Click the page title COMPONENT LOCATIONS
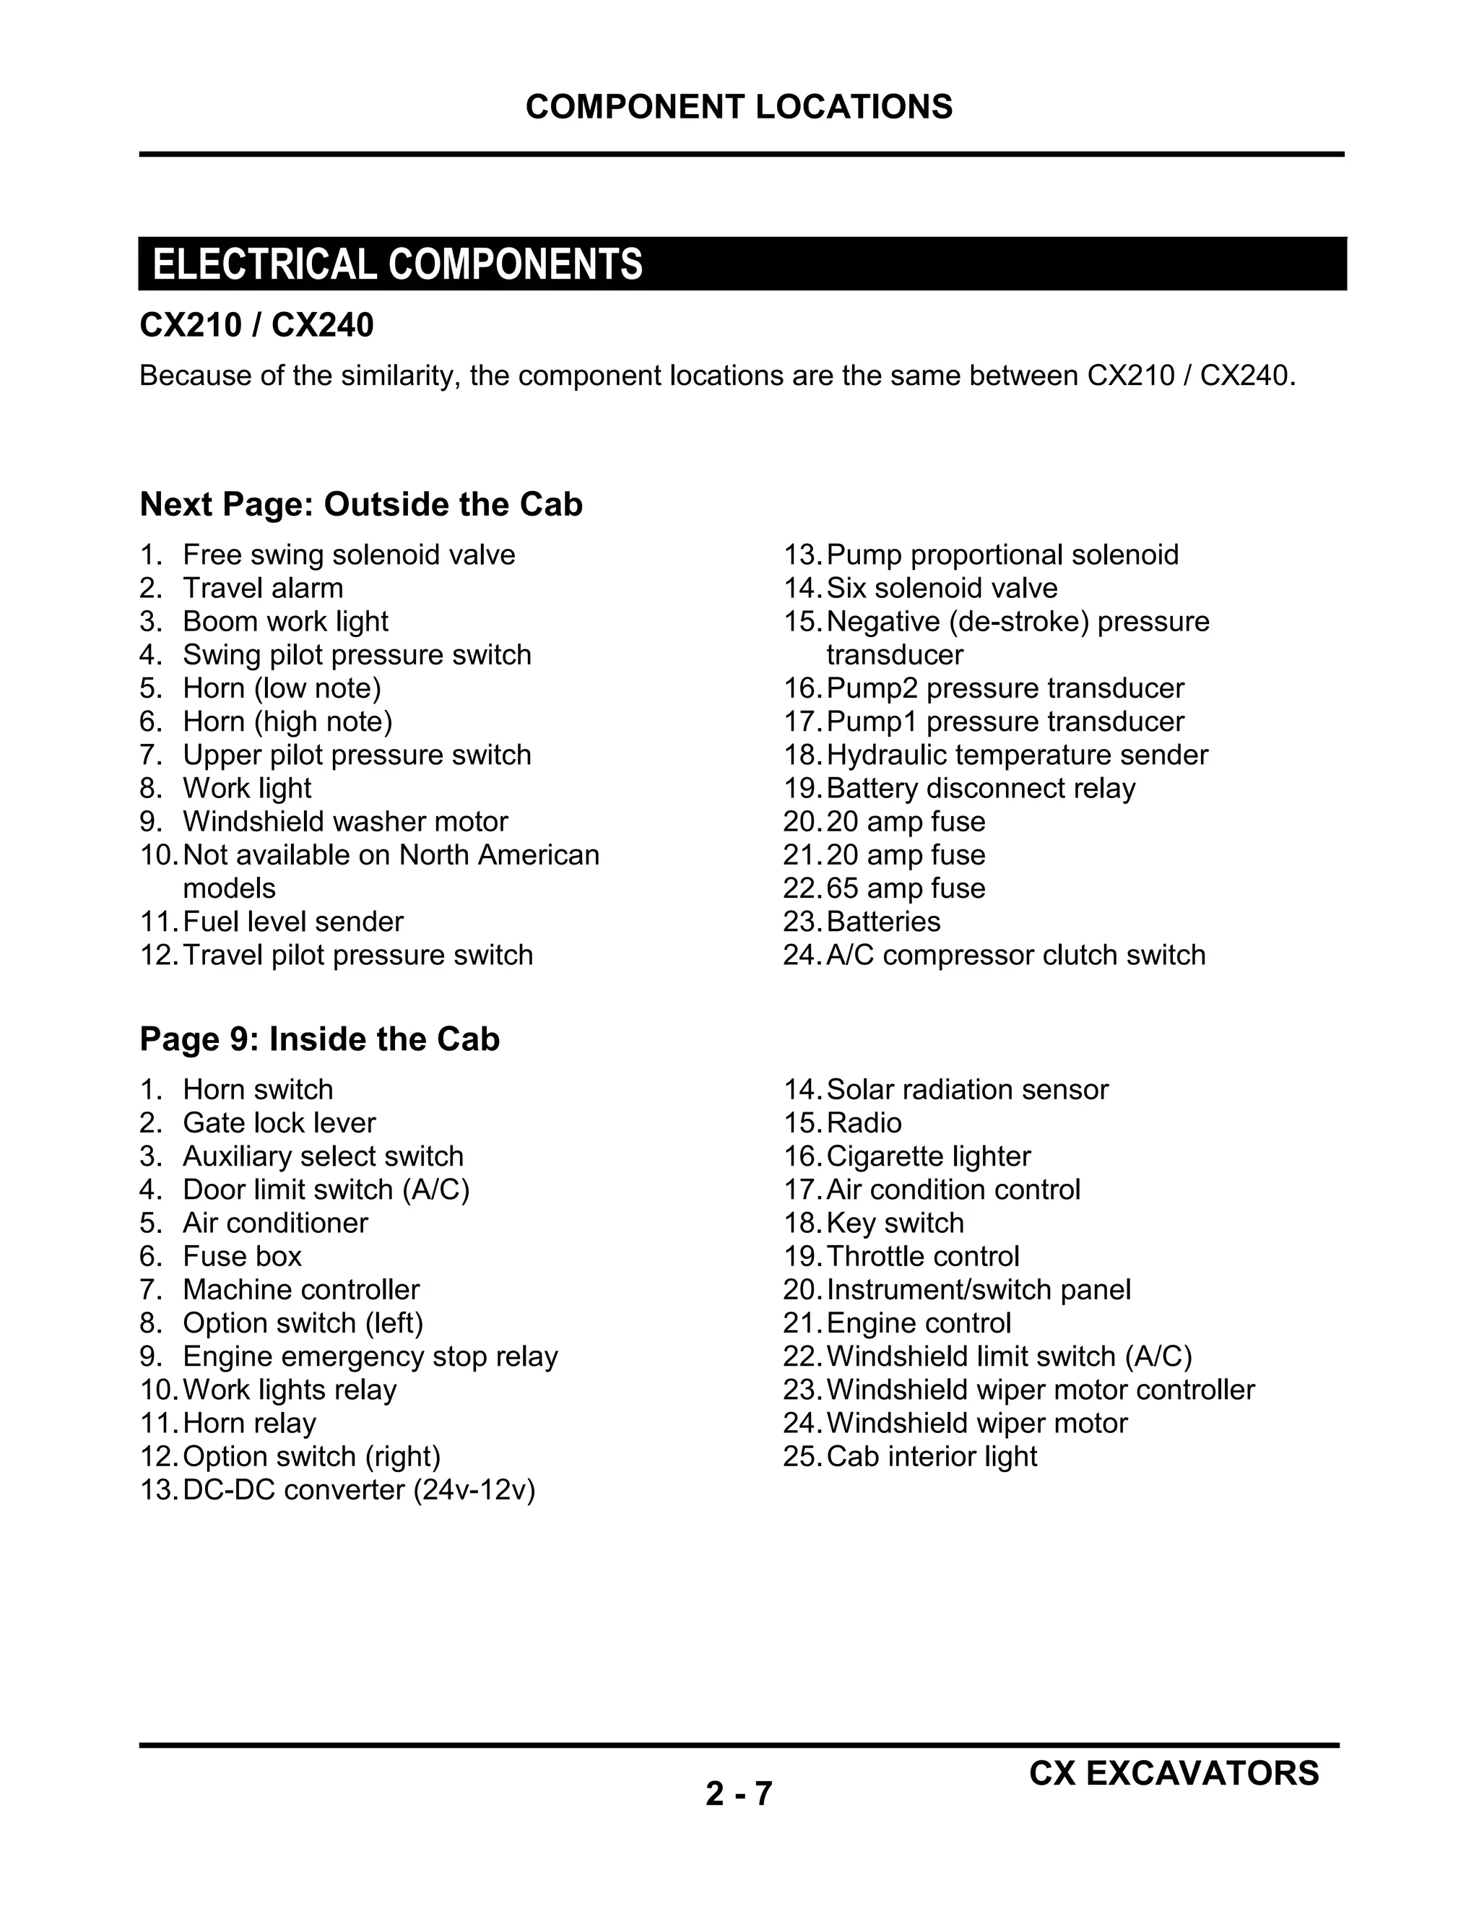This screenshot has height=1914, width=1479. [x=739, y=107]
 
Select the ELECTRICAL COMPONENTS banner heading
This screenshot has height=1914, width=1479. [x=398, y=264]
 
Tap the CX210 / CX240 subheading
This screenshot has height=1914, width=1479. [x=256, y=325]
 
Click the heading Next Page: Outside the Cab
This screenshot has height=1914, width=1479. [x=361, y=505]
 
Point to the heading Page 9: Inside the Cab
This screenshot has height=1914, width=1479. [x=320, y=1039]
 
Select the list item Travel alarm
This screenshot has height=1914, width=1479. [x=263, y=588]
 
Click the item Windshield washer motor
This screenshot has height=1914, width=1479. [x=345, y=822]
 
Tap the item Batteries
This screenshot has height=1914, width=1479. [x=883, y=922]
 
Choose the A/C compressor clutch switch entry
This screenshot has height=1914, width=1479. [x=1015, y=956]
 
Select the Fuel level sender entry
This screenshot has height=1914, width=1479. [x=292, y=922]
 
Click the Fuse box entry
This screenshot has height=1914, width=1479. [x=242, y=1257]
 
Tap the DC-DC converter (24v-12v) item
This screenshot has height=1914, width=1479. [x=358, y=1490]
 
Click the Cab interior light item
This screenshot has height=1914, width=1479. [x=932, y=1457]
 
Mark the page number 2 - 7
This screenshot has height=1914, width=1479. [x=739, y=1794]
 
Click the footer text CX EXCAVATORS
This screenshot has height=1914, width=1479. [x=1174, y=1773]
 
